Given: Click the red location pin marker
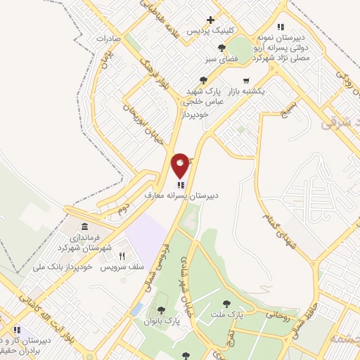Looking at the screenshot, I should (x=181, y=166).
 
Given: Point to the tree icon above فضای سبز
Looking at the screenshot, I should (x=222, y=49).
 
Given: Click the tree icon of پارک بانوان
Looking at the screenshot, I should (x=162, y=309).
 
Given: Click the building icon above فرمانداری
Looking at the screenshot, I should (x=85, y=228).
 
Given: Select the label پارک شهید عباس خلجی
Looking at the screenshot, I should (x=205, y=96).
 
